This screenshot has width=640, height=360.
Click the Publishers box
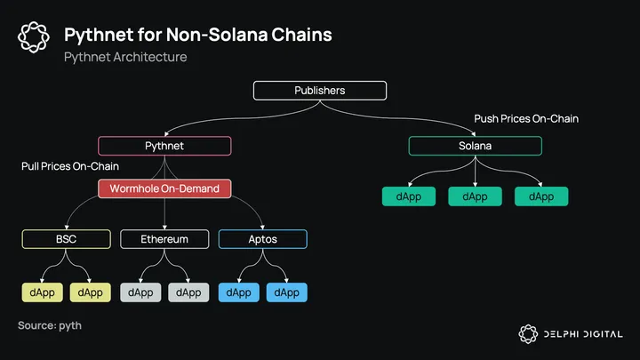319,91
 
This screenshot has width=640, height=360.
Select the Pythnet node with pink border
164,146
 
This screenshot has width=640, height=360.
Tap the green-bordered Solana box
475,146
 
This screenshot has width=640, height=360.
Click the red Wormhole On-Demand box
164,188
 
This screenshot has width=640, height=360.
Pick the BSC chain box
67,239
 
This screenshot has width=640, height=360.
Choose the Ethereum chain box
164,239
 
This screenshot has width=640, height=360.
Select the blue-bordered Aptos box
262,239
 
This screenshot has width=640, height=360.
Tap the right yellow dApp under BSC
92,292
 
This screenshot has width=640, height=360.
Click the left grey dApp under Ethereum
140,292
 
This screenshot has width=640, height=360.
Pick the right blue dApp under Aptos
286,292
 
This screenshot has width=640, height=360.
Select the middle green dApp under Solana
475,196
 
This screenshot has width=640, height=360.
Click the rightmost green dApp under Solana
541,196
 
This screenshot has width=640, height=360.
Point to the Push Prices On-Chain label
525,119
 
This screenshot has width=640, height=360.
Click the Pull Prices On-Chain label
70,166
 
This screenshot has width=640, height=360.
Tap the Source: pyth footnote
50,326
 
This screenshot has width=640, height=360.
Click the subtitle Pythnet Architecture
125,57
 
